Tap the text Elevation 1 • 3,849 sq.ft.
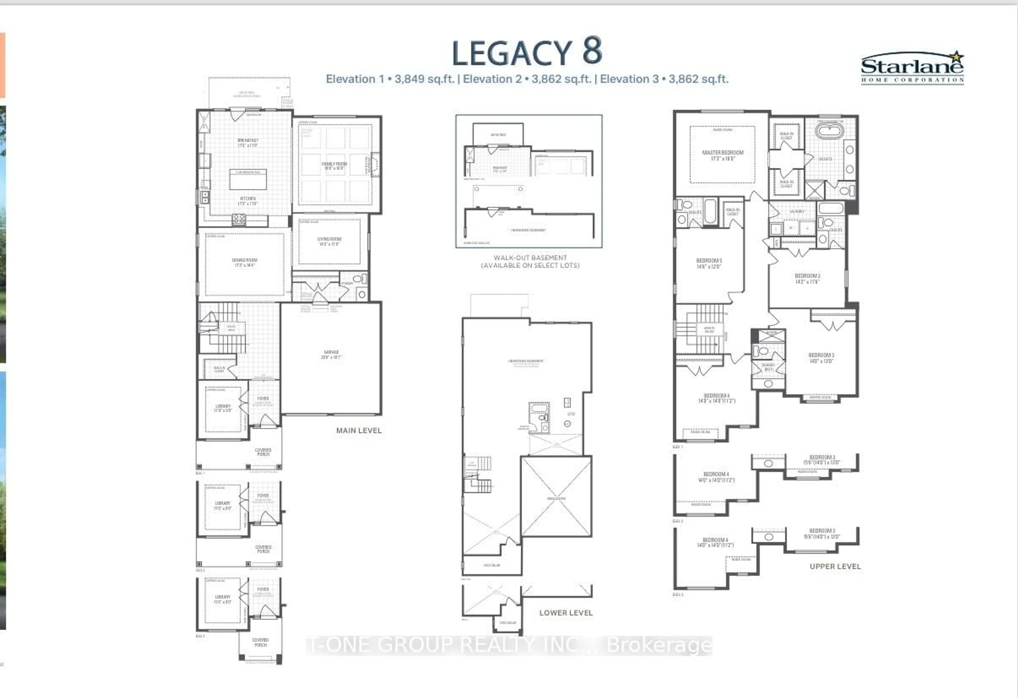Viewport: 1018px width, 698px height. point(390,79)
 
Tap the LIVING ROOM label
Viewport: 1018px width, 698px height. point(329,241)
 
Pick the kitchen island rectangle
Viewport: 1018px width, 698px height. point(248,179)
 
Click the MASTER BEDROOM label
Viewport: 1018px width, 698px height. point(723,155)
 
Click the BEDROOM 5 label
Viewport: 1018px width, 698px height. point(709,263)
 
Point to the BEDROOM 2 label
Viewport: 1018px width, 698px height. point(807,279)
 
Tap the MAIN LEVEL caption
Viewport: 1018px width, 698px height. point(359,431)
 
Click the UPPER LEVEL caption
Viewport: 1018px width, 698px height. point(835,566)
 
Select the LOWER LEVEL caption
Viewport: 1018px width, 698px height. point(565,613)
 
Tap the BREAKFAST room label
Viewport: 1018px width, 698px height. point(248,143)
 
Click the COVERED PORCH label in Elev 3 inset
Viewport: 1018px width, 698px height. point(260,642)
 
